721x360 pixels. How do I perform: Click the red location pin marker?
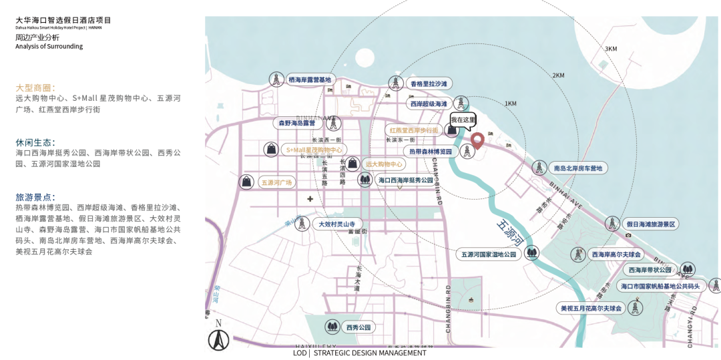[477, 140]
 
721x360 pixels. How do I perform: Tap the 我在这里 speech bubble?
[463, 120]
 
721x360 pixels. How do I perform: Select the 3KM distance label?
[611, 49]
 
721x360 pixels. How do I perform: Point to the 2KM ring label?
[559, 75]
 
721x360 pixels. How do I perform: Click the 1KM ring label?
[511, 104]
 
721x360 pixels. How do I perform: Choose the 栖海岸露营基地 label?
[310, 80]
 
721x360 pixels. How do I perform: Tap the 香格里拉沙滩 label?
[429, 84]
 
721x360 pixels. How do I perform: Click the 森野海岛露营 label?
[296, 123]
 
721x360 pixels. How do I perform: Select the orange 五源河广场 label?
[277, 182]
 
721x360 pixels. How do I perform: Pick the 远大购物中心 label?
[384, 164]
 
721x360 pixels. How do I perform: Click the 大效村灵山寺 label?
[340, 224]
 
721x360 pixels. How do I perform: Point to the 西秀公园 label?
[358, 327]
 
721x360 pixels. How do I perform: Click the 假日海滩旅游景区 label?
[651, 224]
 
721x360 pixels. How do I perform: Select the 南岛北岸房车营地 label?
[577, 168]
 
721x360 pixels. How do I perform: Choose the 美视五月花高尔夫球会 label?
[591, 308]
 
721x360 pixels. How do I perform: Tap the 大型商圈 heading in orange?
[35, 87]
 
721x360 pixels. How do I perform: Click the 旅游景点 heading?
[35, 197]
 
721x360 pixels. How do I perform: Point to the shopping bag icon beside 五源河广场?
[247, 181]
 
